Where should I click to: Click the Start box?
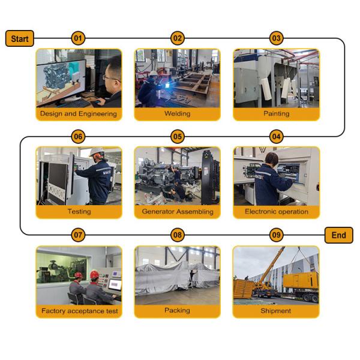click(20, 38)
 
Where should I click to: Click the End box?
click(338, 235)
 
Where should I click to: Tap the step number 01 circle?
click(78, 38)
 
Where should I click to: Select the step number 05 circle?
click(178, 137)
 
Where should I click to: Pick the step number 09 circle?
click(276, 235)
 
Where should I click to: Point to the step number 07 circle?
click(78, 235)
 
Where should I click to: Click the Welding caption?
click(178, 113)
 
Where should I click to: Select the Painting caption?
click(277, 113)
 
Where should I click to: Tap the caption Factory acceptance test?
click(79, 311)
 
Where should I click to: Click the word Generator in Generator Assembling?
click(157, 211)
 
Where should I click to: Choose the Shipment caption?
click(276, 311)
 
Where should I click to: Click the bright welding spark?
click(168, 85)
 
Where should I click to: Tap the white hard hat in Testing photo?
click(97, 152)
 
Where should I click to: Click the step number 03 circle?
click(276, 38)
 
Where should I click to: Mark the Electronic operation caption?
click(277, 211)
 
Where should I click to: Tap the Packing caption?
click(177, 310)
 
